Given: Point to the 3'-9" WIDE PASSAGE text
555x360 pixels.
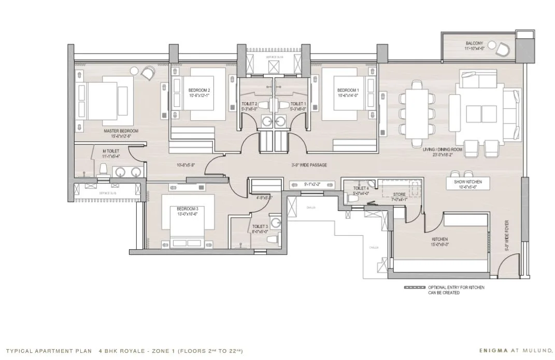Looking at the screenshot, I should [309, 165].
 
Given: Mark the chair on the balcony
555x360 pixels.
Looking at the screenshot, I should [502, 50].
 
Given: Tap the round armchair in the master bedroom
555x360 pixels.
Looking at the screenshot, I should [148, 73].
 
